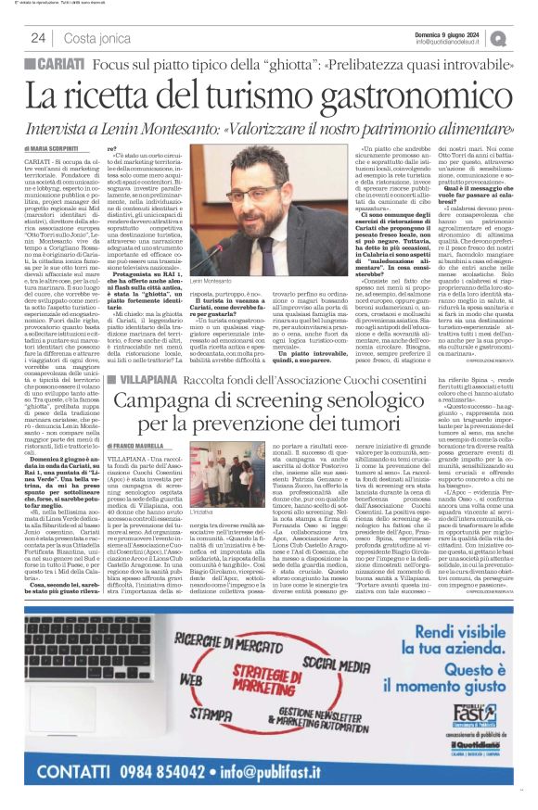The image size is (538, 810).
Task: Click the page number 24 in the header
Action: point(38,38)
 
